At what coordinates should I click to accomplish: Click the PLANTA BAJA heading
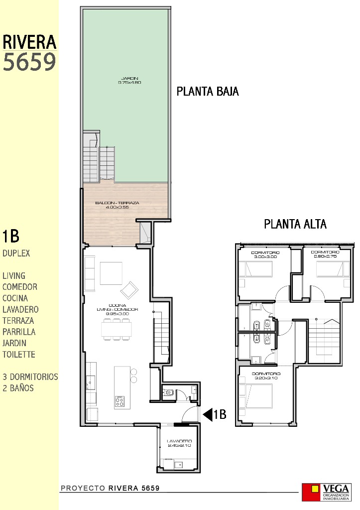pos(208,92)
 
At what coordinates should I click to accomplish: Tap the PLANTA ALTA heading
pos(295,224)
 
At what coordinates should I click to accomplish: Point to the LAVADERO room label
pos(179,443)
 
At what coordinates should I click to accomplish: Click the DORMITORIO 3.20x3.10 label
pos(265,376)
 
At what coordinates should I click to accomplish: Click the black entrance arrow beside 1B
pos(207,414)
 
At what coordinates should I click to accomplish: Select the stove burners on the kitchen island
pos(120,401)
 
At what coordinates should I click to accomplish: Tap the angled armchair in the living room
pos(130,289)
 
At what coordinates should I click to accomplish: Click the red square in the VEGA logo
pos(315,489)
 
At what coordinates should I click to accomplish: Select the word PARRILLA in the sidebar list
pos(19,332)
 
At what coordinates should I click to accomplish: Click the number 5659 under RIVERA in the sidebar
pos(29,62)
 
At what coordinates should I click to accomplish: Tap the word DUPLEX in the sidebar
pos(16,253)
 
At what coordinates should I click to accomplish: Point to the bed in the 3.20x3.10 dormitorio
pos(256,393)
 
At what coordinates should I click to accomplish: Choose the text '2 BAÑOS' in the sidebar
pos(18,388)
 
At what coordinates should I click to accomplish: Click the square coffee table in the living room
pos(111,272)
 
